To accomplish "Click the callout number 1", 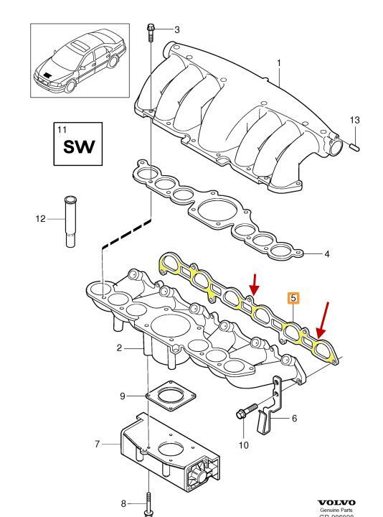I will pyautogui.click(x=279, y=63).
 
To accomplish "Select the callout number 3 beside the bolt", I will pyautogui.click(x=177, y=29).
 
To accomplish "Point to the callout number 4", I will pyautogui.click(x=326, y=253).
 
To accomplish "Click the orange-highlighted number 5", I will pyautogui.click(x=293, y=297).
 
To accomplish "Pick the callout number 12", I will pyautogui.click(x=42, y=218).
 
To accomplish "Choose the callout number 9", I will pyautogui.click(x=122, y=395).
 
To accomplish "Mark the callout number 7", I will pyautogui.click(x=97, y=444).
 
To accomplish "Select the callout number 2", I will pyautogui.click(x=120, y=348).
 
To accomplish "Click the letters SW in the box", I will pyautogui.click(x=80, y=149).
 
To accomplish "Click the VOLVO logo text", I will pyautogui.click(x=336, y=503).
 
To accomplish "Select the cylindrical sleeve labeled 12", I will pyautogui.click(x=71, y=220).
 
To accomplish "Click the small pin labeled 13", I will pyautogui.click(x=354, y=146).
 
